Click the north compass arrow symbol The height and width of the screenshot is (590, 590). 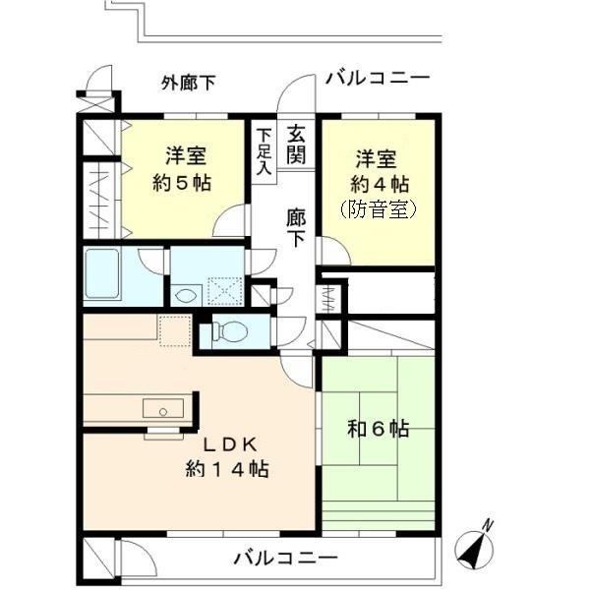tap(478, 544)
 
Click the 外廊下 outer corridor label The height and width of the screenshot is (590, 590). tap(188, 83)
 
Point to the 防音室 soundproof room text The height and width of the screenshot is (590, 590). tap(379, 209)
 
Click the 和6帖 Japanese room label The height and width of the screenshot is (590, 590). tap(379, 429)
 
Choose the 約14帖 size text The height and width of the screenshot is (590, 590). tap(226, 469)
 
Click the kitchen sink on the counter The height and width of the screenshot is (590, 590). tap(157, 408)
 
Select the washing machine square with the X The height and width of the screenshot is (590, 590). tap(223, 291)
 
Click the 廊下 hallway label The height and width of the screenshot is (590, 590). tap(296, 227)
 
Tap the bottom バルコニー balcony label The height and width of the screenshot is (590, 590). tap(285, 559)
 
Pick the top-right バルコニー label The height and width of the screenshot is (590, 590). tap(377, 78)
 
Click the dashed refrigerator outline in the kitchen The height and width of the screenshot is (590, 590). tap(174, 331)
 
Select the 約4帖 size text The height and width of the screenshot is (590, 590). tap(379, 183)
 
